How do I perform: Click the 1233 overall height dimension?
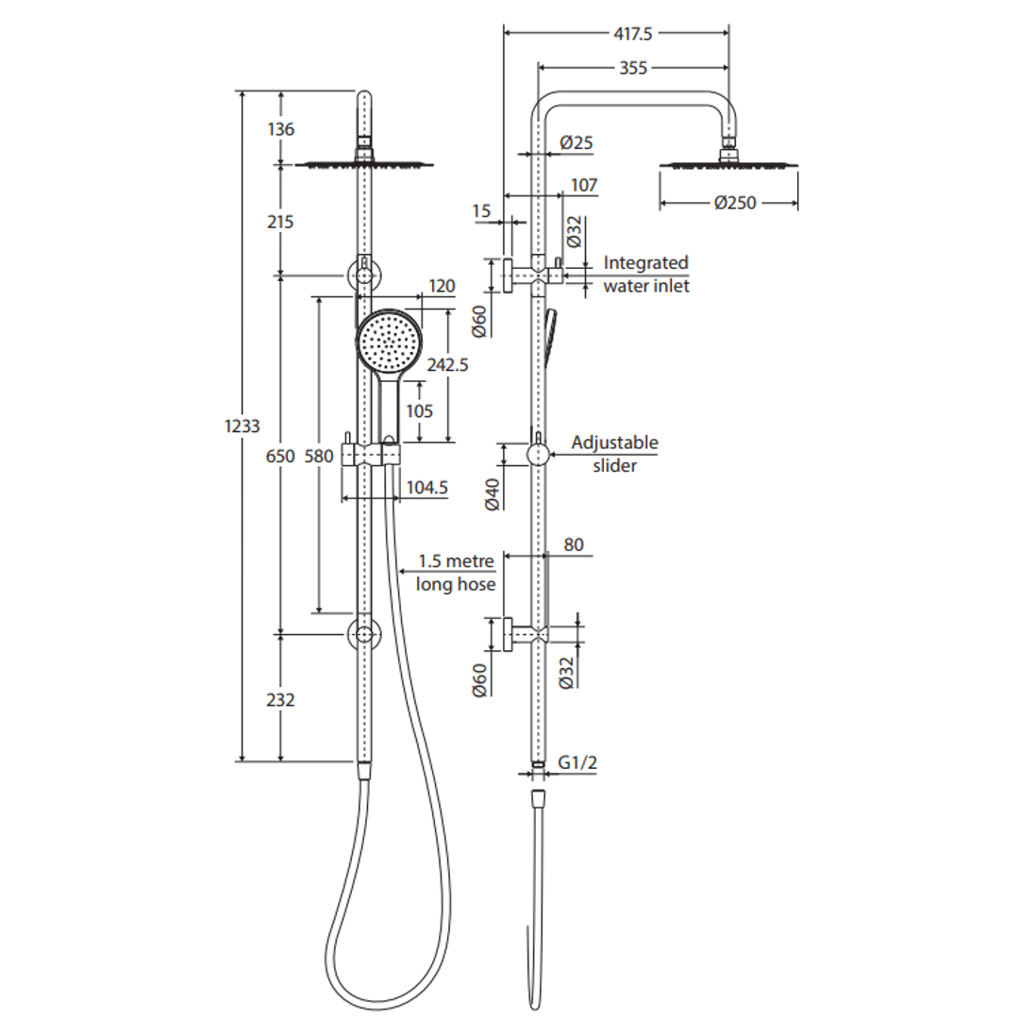(x=242, y=426)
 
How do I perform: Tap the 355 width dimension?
(x=633, y=67)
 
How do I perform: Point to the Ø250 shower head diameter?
(x=735, y=202)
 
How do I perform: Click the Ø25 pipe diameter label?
(x=576, y=143)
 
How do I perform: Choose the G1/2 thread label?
(x=577, y=762)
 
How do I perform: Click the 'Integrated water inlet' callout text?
(x=646, y=274)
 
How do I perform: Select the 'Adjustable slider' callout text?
(x=615, y=453)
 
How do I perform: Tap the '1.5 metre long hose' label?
(x=457, y=572)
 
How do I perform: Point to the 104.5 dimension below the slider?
(x=426, y=488)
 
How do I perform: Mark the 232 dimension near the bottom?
(x=280, y=699)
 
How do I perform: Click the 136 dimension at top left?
(x=280, y=129)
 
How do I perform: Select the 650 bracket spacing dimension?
(x=280, y=456)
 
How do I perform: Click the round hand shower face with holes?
(x=388, y=342)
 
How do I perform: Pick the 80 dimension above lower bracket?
(x=574, y=544)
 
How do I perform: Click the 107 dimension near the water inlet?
(x=584, y=185)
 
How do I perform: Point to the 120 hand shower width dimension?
(x=441, y=286)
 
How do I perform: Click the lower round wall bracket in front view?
(x=364, y=633)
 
